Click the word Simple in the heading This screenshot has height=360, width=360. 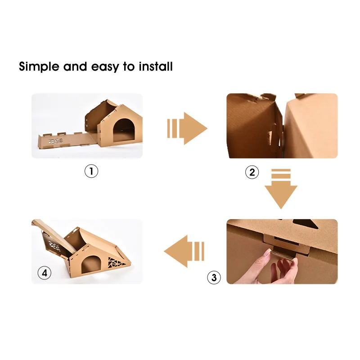coord(39,67)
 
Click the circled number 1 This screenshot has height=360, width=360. coord(91,171)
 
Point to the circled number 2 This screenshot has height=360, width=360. coord(252,172)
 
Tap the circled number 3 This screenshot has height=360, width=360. coord(214,277)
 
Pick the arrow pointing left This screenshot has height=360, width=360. coord(184,251)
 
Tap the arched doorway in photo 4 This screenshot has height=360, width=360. coord(91,263)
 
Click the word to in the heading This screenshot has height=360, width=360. coord(130,67)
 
